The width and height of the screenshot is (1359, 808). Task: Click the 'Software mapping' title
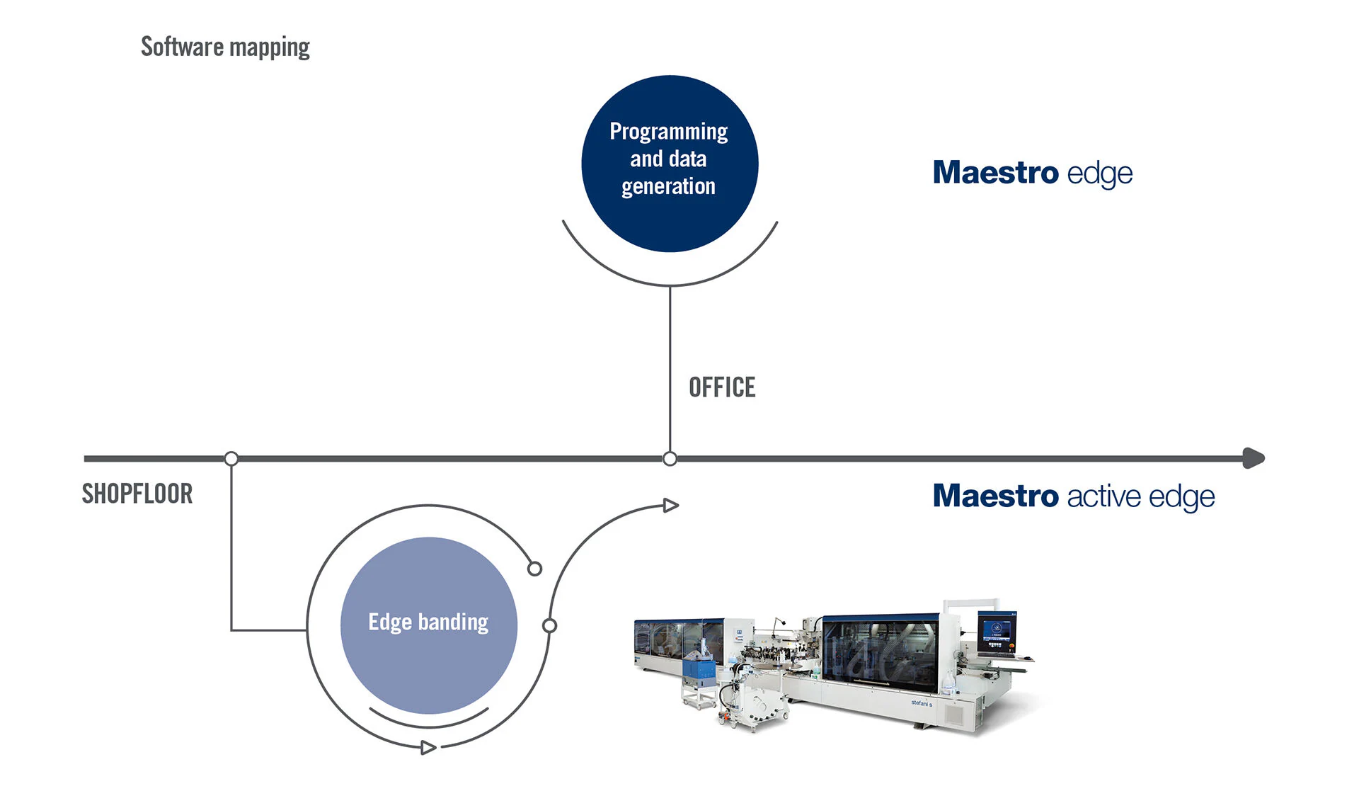point(225,47)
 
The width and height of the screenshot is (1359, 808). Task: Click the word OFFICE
point(722,388)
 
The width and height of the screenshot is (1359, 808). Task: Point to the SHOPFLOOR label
point(137,494)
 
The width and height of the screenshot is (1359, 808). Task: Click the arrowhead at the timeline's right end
point(1254,458)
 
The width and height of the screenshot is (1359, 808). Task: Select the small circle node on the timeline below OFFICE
point(670,459)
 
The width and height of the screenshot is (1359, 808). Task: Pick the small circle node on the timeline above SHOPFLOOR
point(231,459)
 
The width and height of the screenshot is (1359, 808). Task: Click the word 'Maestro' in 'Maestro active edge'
point(995,496)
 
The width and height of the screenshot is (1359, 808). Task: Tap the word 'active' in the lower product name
point(1103,496)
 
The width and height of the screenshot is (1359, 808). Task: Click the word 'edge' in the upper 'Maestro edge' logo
point(1100,173)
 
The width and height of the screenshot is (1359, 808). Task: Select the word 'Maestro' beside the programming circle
point(995,172)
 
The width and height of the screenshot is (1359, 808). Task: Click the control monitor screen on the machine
point(996,632)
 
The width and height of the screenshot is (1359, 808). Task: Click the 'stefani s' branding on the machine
point(922,703)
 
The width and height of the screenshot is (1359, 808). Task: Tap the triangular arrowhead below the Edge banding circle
point(428,747)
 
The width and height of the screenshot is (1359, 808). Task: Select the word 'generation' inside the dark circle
point(668,186)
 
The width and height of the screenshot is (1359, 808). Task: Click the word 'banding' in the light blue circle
point(453,622)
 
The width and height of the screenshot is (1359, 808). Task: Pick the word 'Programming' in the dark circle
point(669,132)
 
